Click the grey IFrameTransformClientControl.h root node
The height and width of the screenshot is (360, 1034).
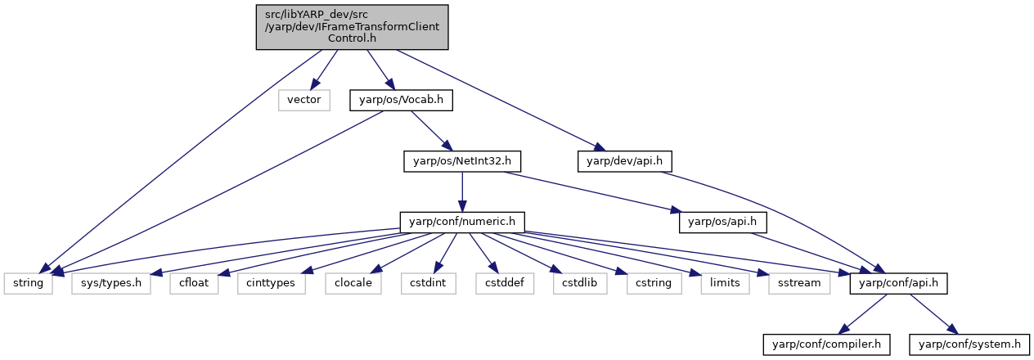coord(353,27)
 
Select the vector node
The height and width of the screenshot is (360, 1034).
coord(304,100)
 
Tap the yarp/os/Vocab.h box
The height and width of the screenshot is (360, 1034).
coord(401,100)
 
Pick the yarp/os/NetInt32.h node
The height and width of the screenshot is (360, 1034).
coord(462,161)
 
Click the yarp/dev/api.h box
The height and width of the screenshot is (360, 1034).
coord(624,161)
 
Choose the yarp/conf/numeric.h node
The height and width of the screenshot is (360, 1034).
coord(462,222)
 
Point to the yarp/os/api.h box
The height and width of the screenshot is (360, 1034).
coord(722,222)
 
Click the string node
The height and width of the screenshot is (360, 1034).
coord(28,283)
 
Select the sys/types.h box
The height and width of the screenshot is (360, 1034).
coord(111,283)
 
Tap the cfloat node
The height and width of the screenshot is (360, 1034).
coord(194,283)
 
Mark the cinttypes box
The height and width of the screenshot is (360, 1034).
coord(271,283)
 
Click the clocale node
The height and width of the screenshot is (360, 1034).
coord(353,283)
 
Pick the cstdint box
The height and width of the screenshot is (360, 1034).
coord(429,283)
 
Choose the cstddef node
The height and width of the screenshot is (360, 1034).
coord(505,283)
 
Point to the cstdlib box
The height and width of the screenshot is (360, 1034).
coord(580,283)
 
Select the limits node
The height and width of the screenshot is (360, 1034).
coord(725,283)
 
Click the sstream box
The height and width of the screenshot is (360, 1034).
coord(799,283)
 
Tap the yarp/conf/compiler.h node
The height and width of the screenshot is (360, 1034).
coord(826,344)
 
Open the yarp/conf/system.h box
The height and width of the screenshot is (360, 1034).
coord(969,344)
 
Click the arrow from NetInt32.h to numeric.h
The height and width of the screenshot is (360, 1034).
coord(462,192)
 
